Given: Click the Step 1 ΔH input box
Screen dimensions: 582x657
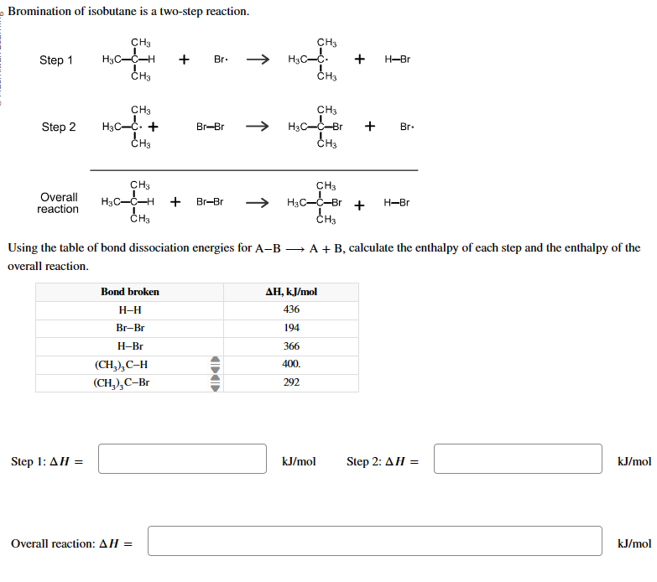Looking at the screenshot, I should point(182,459).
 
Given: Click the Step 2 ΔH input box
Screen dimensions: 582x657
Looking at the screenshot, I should point(518,459).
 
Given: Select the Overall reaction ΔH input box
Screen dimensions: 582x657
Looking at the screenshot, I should point(375,541).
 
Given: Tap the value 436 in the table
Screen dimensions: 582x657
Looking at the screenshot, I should point(291,309).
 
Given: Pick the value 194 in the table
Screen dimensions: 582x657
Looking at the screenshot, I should point(291,328).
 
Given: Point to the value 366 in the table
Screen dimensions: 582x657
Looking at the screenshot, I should point(291,346).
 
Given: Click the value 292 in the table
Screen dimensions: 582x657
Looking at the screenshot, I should point(291,382).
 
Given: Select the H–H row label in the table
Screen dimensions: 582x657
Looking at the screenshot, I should point(130,309).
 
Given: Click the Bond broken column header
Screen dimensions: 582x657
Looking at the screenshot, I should point(130,292).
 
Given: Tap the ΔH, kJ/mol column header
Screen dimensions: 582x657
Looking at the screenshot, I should point(291,292).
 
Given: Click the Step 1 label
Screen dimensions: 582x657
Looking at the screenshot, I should point(56,60).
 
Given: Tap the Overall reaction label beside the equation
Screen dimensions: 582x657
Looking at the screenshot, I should point(58,203).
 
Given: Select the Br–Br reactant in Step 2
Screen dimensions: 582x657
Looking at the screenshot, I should point(210,127).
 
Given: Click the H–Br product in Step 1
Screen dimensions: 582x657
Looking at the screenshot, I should point(397,60).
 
